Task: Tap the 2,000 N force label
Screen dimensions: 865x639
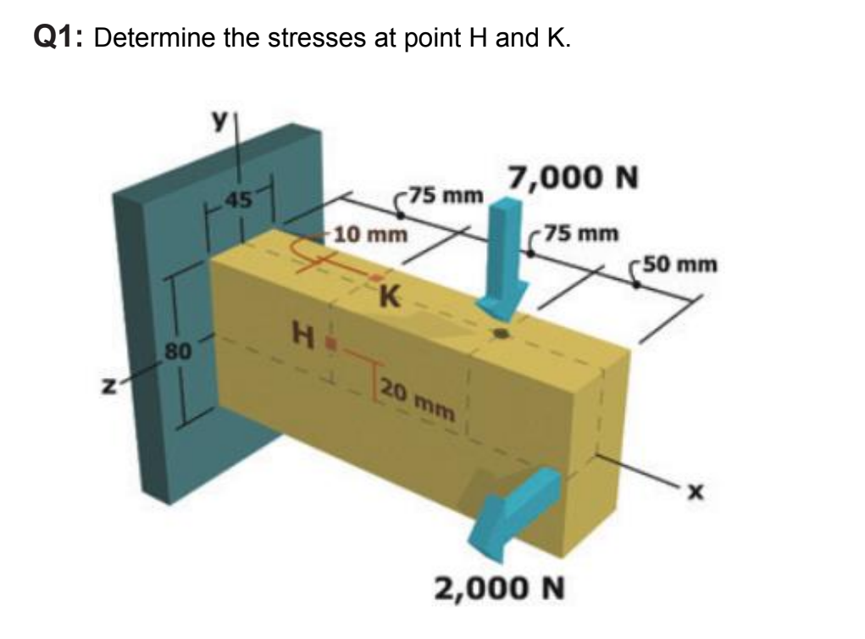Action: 499,586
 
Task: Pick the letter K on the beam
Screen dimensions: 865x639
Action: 391,297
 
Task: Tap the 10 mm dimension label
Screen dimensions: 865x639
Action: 369,233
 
